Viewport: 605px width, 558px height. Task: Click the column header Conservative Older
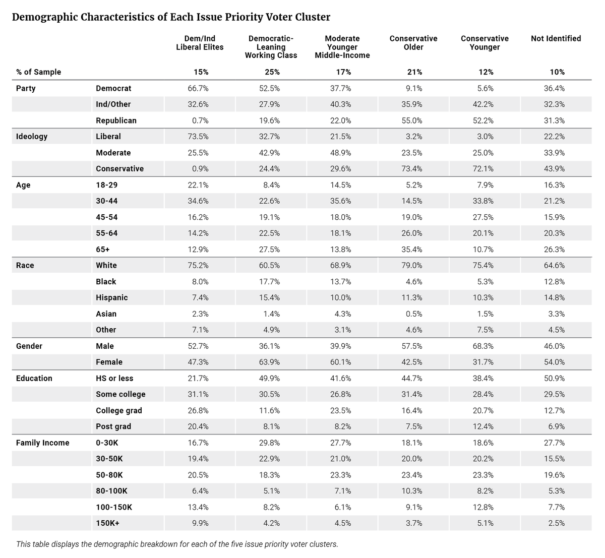(413, 43)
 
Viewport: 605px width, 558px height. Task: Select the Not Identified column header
(556, 39)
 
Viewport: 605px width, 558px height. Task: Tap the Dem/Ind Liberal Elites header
(200, 43)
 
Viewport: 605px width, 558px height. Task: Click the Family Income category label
(43, 443)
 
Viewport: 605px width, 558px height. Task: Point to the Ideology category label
(32, 137)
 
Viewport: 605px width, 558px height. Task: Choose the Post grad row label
(113, 426)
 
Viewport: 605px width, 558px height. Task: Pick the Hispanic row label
(112, 297)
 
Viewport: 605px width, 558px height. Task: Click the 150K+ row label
(107, 523)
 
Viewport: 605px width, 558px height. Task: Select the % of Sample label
(39, 72)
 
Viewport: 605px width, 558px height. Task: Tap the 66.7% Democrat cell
(198, 88)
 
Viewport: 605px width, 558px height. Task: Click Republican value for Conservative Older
(411, 120)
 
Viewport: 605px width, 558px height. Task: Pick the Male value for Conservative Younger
(483, 346)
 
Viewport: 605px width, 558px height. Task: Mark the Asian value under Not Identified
(556, 314)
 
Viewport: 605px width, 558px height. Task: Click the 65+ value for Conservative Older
(411, 250)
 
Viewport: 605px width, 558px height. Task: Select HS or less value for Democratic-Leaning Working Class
(269, 378)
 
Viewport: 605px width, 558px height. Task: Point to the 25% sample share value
(272, 72)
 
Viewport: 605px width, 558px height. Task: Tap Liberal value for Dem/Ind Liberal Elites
(198, 137)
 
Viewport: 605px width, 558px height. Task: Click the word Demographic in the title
(45, 17)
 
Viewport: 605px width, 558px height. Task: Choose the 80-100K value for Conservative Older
(411, 491)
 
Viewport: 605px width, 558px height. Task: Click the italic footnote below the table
(177, 544)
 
